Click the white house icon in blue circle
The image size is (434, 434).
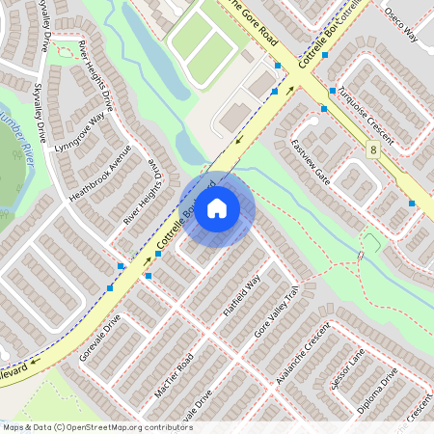217,208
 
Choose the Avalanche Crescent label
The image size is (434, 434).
303,352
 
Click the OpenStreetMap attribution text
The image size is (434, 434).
97,426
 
